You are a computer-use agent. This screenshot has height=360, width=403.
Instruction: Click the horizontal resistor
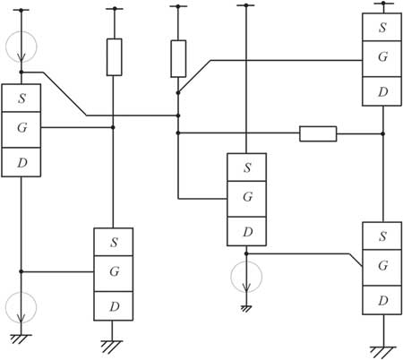[318, 133]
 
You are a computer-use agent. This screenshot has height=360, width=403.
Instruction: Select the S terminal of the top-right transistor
[382, 27]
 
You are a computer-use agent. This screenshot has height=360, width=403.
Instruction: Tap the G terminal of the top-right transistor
[382, 58]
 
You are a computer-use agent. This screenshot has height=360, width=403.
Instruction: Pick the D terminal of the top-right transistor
[382, 91]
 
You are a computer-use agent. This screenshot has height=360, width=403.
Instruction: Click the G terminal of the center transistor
[246, 199]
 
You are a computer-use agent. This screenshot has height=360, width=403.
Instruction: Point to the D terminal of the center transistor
[246, 231]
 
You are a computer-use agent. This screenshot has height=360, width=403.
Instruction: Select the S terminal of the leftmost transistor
[21, 98]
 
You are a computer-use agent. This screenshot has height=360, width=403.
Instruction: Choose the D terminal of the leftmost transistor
[21, 162]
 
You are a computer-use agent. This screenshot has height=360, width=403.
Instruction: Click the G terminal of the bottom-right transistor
[382, 268]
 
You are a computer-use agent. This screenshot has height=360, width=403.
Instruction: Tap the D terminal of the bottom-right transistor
[382, 300]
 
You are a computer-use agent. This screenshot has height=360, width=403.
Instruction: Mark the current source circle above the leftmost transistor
[21, 47]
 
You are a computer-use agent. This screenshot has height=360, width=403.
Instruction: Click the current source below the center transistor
[246, 277]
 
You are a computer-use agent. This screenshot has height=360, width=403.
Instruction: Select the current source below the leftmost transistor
[21, 307]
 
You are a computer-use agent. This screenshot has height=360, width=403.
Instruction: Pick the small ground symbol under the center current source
[246, 309]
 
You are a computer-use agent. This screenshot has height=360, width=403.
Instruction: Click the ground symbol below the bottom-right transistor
[383, 352]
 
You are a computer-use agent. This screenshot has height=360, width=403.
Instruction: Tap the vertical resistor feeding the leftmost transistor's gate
[114, 56]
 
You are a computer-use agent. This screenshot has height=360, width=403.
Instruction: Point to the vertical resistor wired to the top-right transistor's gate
[178, 58]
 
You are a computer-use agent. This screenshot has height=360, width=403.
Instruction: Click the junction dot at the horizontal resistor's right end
[383, 133]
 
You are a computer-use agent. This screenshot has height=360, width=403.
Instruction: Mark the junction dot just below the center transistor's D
[246, 253]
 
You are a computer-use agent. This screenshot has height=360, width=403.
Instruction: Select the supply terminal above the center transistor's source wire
[246, 5]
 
